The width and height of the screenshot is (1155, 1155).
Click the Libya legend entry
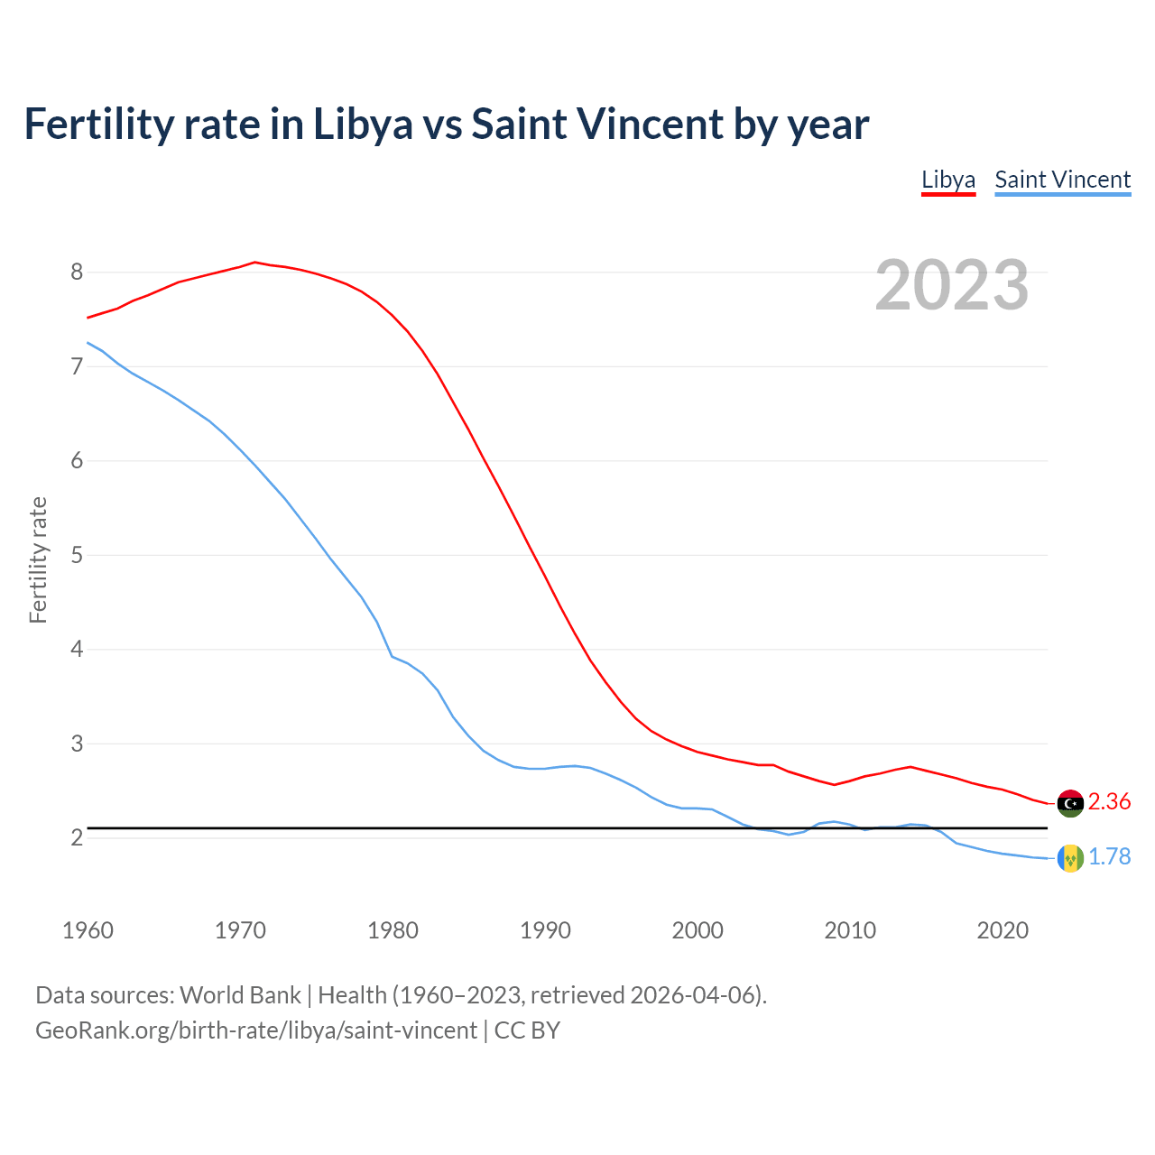(x=947, y=180)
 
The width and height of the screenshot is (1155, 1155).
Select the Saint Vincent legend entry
(x=1062, y=180)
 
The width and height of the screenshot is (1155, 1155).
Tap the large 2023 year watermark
(x=952, y=285)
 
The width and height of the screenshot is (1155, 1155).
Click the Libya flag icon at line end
(x=1070, y=803)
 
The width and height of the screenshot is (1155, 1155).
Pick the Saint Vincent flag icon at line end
(x=1070, y=858)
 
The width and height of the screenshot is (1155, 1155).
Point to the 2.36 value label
(x=1109, y=802)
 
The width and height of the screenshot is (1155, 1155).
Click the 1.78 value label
(x=1109, y=857)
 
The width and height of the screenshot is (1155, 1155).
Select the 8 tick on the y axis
(x=77, y=273)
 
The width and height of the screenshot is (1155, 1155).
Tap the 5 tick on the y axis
(x=77, y=555)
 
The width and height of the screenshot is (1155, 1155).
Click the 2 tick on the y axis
(x=77, y=838)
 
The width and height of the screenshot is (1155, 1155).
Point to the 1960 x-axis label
(x=88, y=930)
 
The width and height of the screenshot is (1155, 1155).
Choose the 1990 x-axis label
(x=545, y=930)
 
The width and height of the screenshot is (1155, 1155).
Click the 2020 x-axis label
(x=1003, y=930)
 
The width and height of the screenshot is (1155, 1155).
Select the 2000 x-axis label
(x=698, y=930)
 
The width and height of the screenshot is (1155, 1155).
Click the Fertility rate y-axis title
(x=38, y=559)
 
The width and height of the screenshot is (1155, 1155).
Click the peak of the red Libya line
(x=254, y=263)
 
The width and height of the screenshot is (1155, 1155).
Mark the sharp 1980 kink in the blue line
(x=392, y=656)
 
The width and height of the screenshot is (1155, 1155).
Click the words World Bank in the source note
(x=240, y=995)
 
